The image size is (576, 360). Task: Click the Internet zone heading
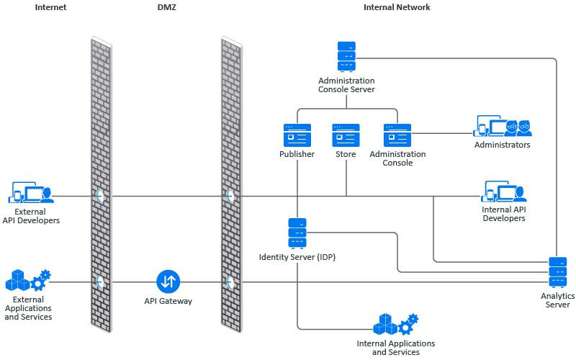point(50,7)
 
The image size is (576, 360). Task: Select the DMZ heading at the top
point(166,7)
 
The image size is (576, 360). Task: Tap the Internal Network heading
point(397,7)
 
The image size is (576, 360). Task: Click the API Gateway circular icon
point(168,282)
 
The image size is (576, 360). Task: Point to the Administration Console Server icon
point(346,56)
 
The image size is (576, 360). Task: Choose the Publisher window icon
point(297,135)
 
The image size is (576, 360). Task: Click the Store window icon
point(346,135)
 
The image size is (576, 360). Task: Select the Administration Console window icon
point(397,135)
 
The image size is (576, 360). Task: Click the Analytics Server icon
point(558,271)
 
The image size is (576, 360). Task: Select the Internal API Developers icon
point(503,192)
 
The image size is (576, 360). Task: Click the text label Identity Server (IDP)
point(297,257)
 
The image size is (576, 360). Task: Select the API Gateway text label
point(168,301)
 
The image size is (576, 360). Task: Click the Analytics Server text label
point(557,300)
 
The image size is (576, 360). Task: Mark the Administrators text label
point(502,145)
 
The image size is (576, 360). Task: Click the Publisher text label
point(297,154)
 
